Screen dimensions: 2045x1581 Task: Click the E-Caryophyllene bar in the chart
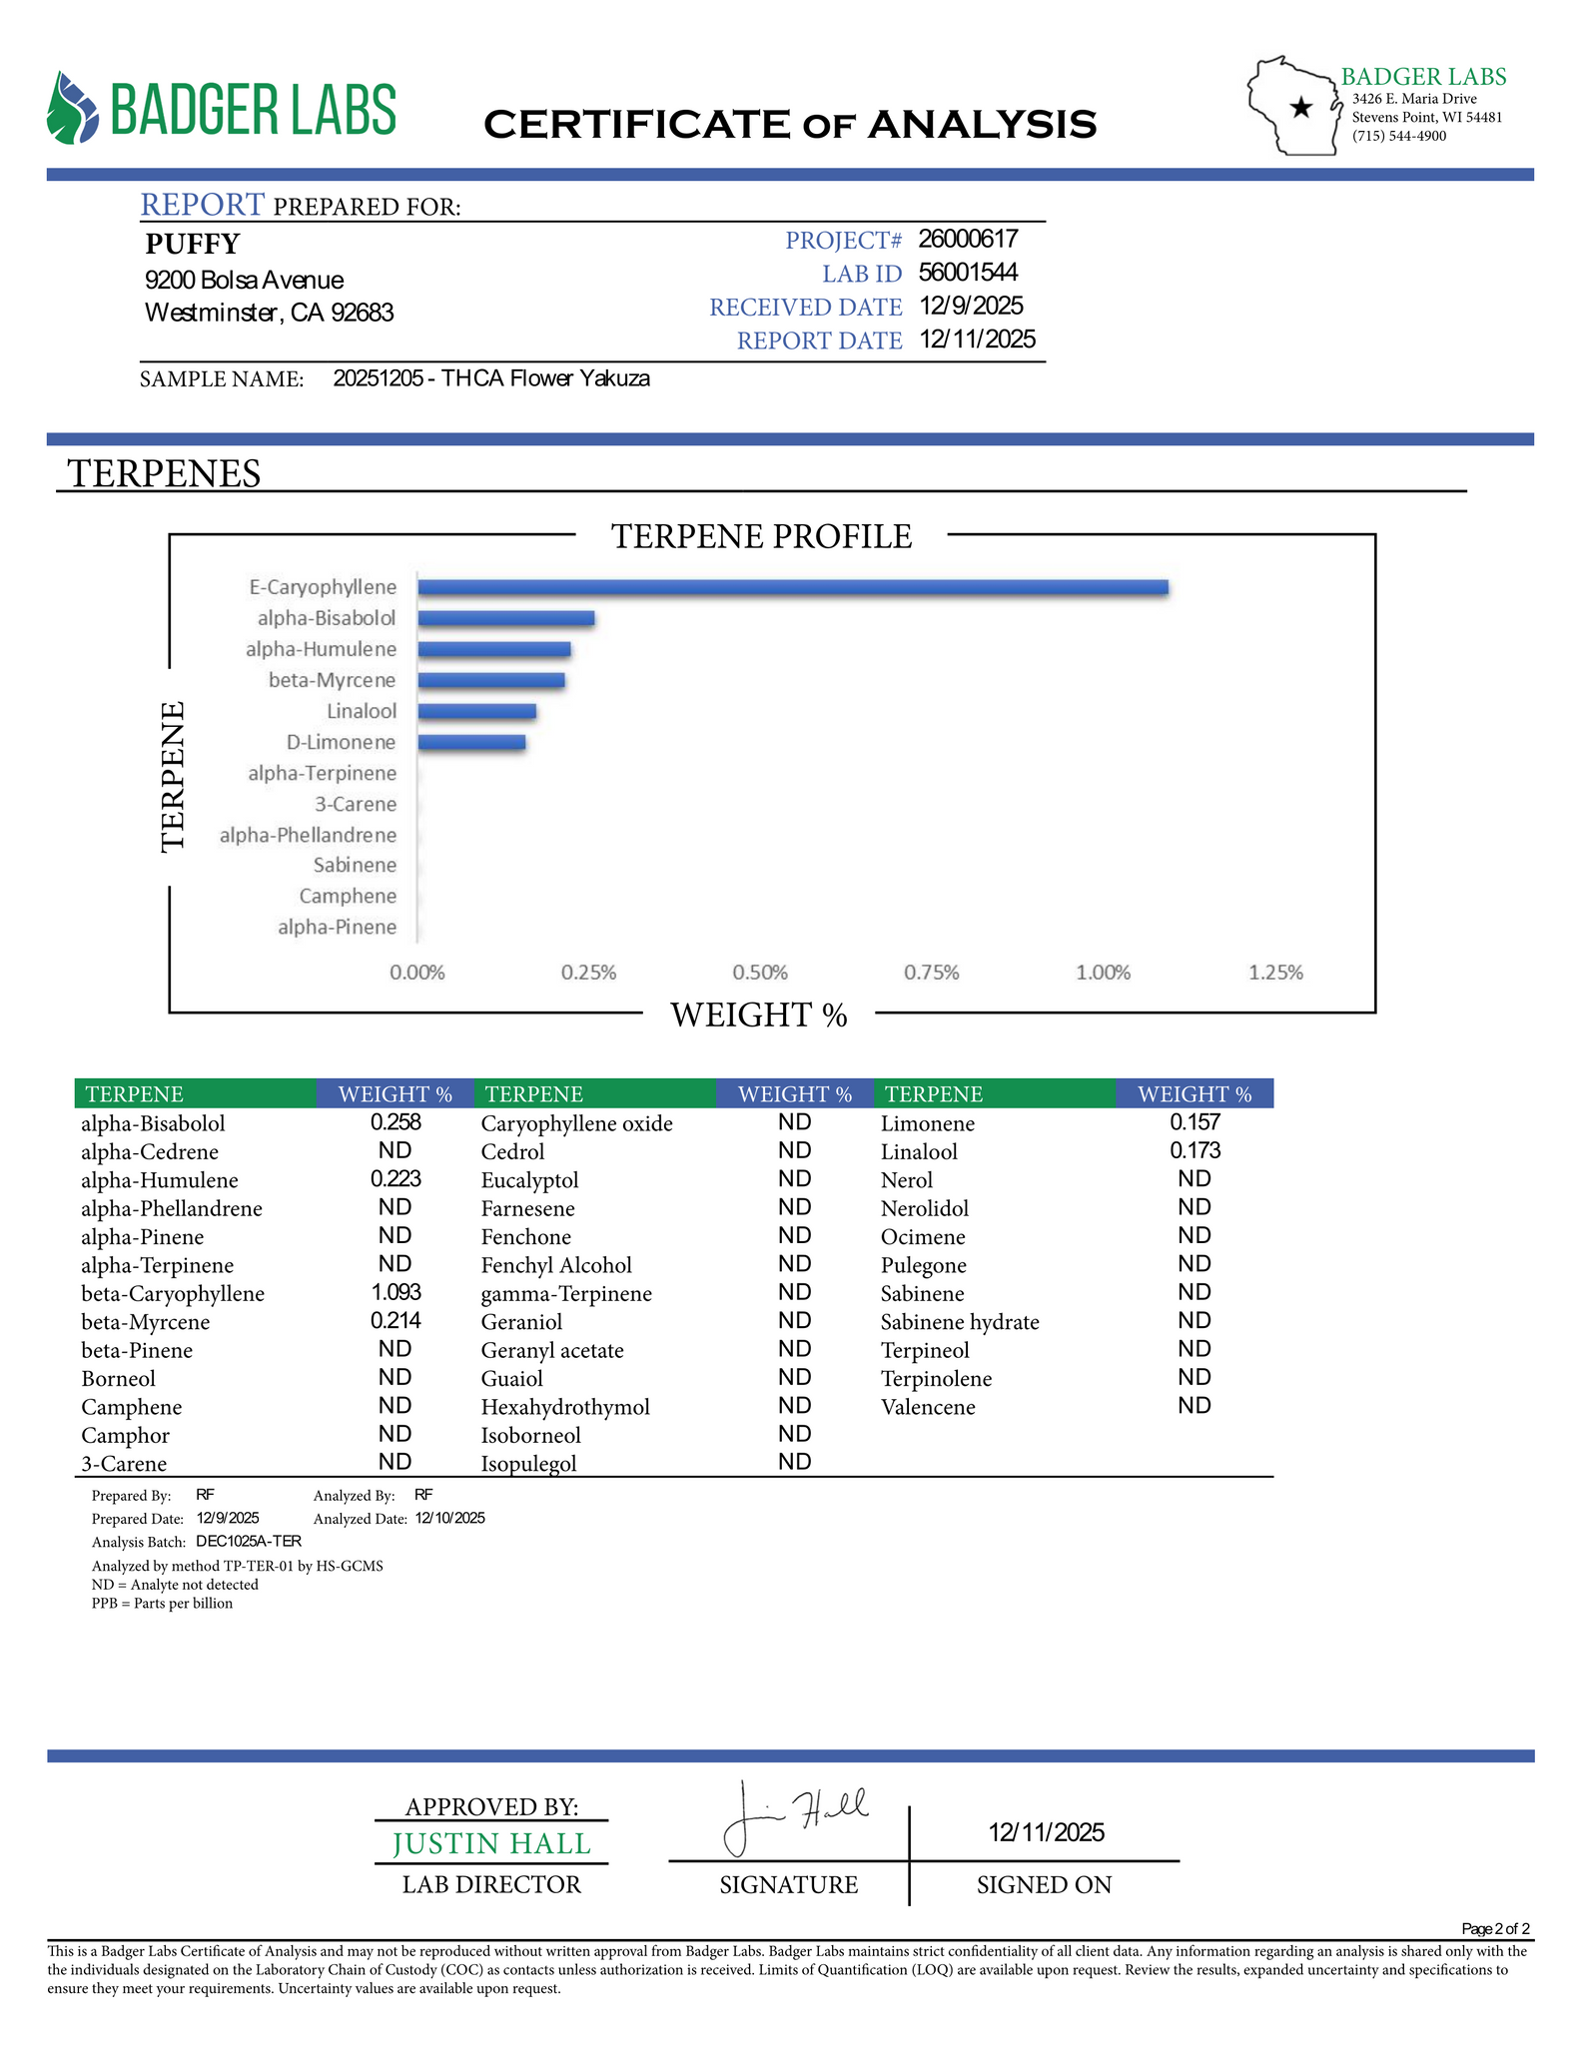(x=792, y=587)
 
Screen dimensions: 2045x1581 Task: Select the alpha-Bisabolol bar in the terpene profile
(x=505, y=618)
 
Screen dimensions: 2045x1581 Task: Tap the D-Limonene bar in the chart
(x=471, y=742)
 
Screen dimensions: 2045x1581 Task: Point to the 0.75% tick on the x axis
(x=931, y=973)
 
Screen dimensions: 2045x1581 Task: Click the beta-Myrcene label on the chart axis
(x=332, y=680)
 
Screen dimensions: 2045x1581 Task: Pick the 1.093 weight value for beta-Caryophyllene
(x=395, y=1292)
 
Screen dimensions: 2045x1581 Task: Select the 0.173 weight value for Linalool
(x=1194, y=1150)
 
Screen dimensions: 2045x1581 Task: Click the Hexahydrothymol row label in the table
(x=565, y=1407)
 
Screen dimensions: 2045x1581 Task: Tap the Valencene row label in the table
(x=928, y=1407)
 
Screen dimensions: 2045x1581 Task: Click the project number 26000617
(x=968, y=239)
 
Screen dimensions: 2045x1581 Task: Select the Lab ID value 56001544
(x=968, y=273)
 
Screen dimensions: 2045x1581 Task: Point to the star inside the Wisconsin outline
(x=1300, y=108)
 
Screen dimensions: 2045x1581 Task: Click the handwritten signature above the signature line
(x=794, y=1816)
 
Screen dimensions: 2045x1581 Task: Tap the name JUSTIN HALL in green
(x=491, y=1844)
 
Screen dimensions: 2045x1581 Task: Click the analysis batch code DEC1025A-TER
(x=249, y=1541)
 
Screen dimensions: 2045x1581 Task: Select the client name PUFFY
(x=193, y=244)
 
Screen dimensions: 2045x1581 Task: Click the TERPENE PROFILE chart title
(x=761, y=536)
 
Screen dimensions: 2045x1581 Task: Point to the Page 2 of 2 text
(x=1494, y=1928)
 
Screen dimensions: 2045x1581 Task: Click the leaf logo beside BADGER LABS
(x=73, y=107)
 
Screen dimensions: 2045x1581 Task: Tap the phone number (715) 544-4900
(x=1399, y=136)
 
